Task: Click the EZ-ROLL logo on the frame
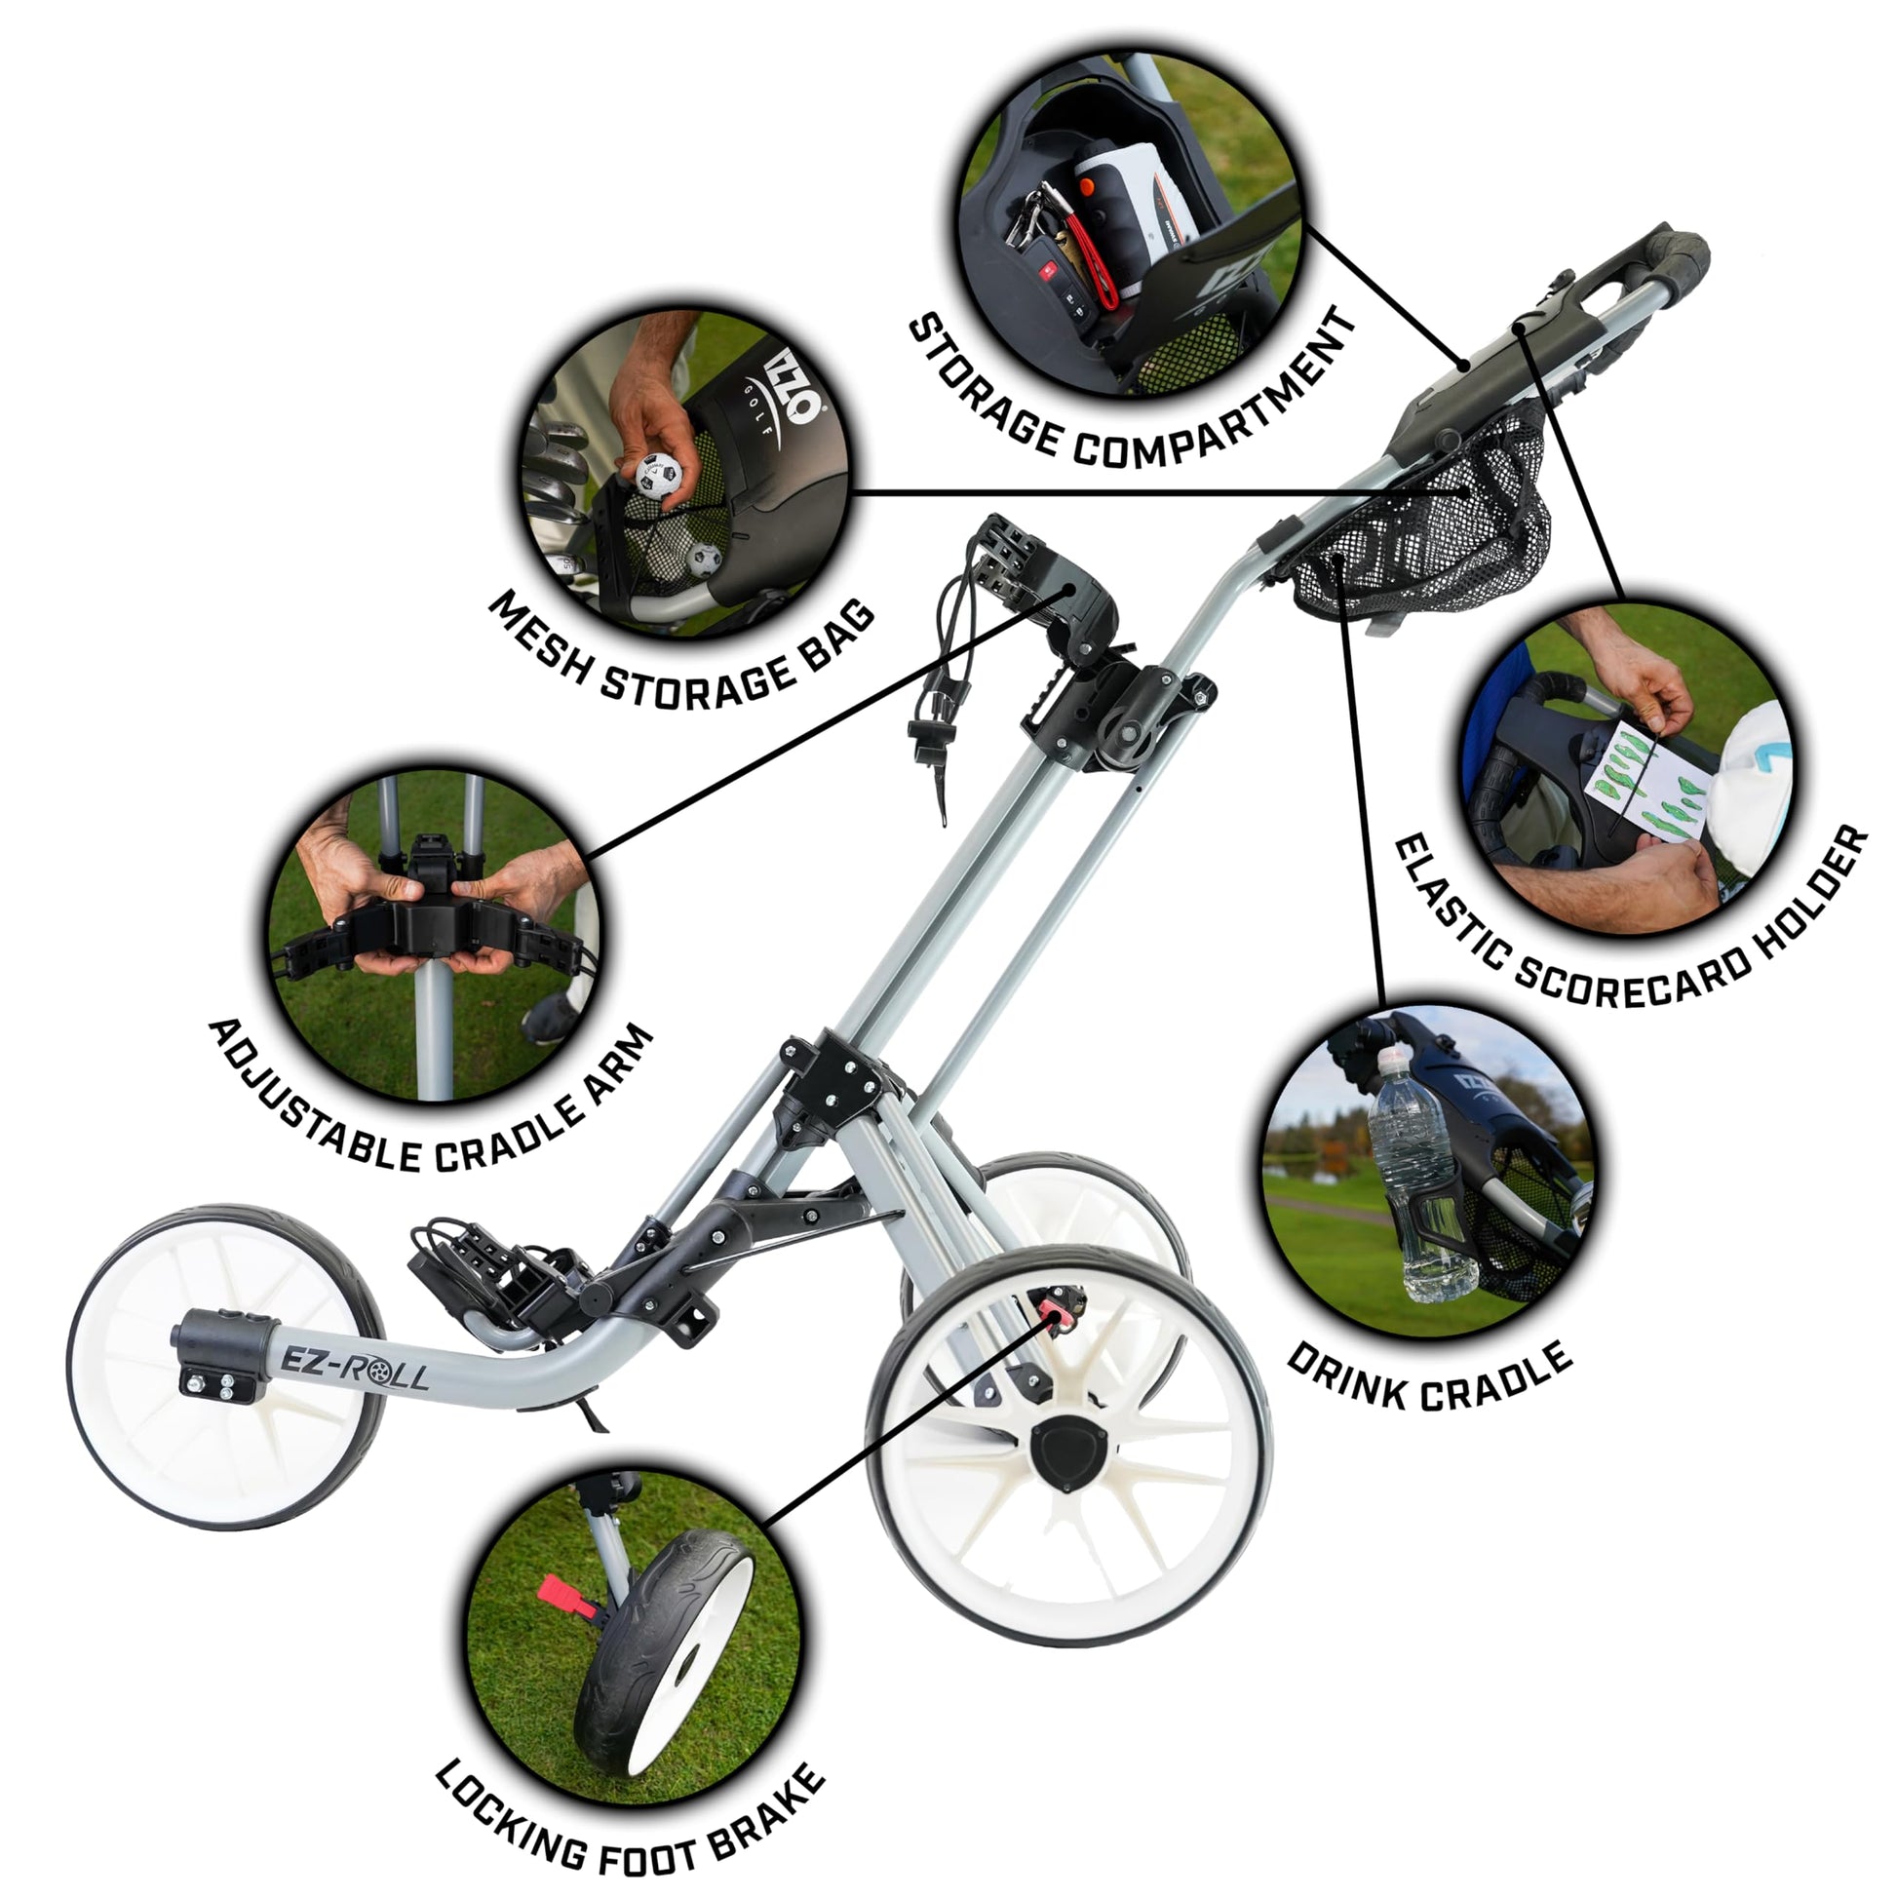pyautogui.click(x=356, y=1365)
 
